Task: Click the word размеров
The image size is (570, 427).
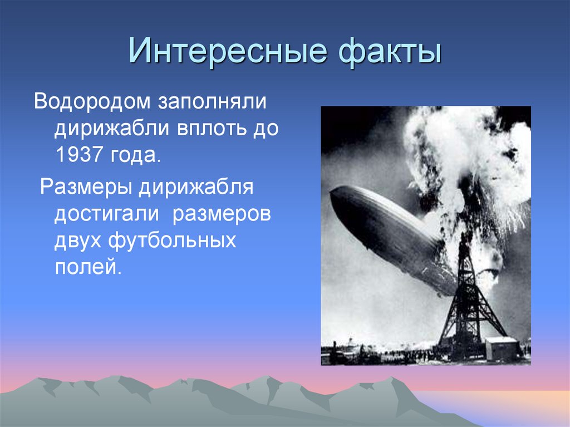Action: point(221,214)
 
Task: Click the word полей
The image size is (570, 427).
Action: point(87,268)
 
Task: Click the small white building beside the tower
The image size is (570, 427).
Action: point(502,349)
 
